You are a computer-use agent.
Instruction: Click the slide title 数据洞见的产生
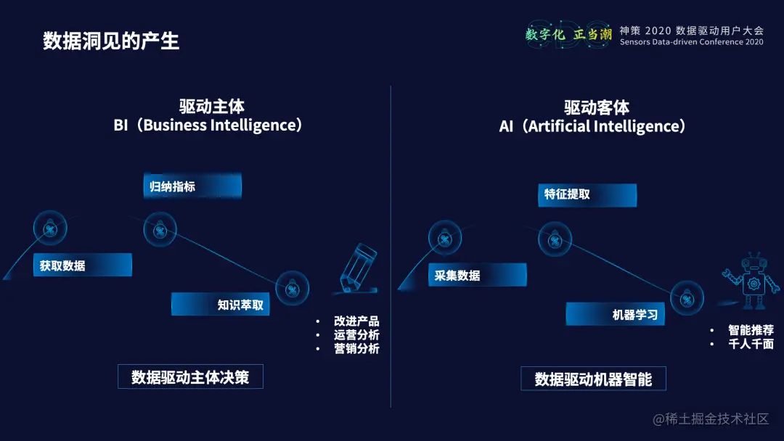[110, 41]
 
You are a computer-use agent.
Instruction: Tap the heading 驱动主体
[212, 107]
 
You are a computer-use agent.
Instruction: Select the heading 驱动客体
[597, 108]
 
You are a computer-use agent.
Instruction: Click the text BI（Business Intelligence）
[208, 125]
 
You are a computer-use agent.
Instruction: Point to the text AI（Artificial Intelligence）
[592, 126]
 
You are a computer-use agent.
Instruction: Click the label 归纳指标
[173, 186]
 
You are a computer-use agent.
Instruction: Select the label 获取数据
[62, 265]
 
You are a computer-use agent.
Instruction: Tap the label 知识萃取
[240, 305]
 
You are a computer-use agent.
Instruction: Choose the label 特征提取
[568, 194]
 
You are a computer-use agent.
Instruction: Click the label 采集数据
[457, 275]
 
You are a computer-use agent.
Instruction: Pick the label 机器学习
[635, 315]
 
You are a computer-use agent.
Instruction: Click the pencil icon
[359, 268]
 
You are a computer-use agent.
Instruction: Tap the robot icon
[747, 281]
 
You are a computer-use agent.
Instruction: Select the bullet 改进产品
[356, 321]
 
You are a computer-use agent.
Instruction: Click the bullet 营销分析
[356, 349]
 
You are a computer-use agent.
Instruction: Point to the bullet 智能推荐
[751, 330]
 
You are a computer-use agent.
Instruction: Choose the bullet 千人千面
[751, 344]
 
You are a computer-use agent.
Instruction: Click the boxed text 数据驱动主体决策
[190, 377]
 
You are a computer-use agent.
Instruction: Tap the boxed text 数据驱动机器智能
[593, 379]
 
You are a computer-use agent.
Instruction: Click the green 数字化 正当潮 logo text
[568, 34]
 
